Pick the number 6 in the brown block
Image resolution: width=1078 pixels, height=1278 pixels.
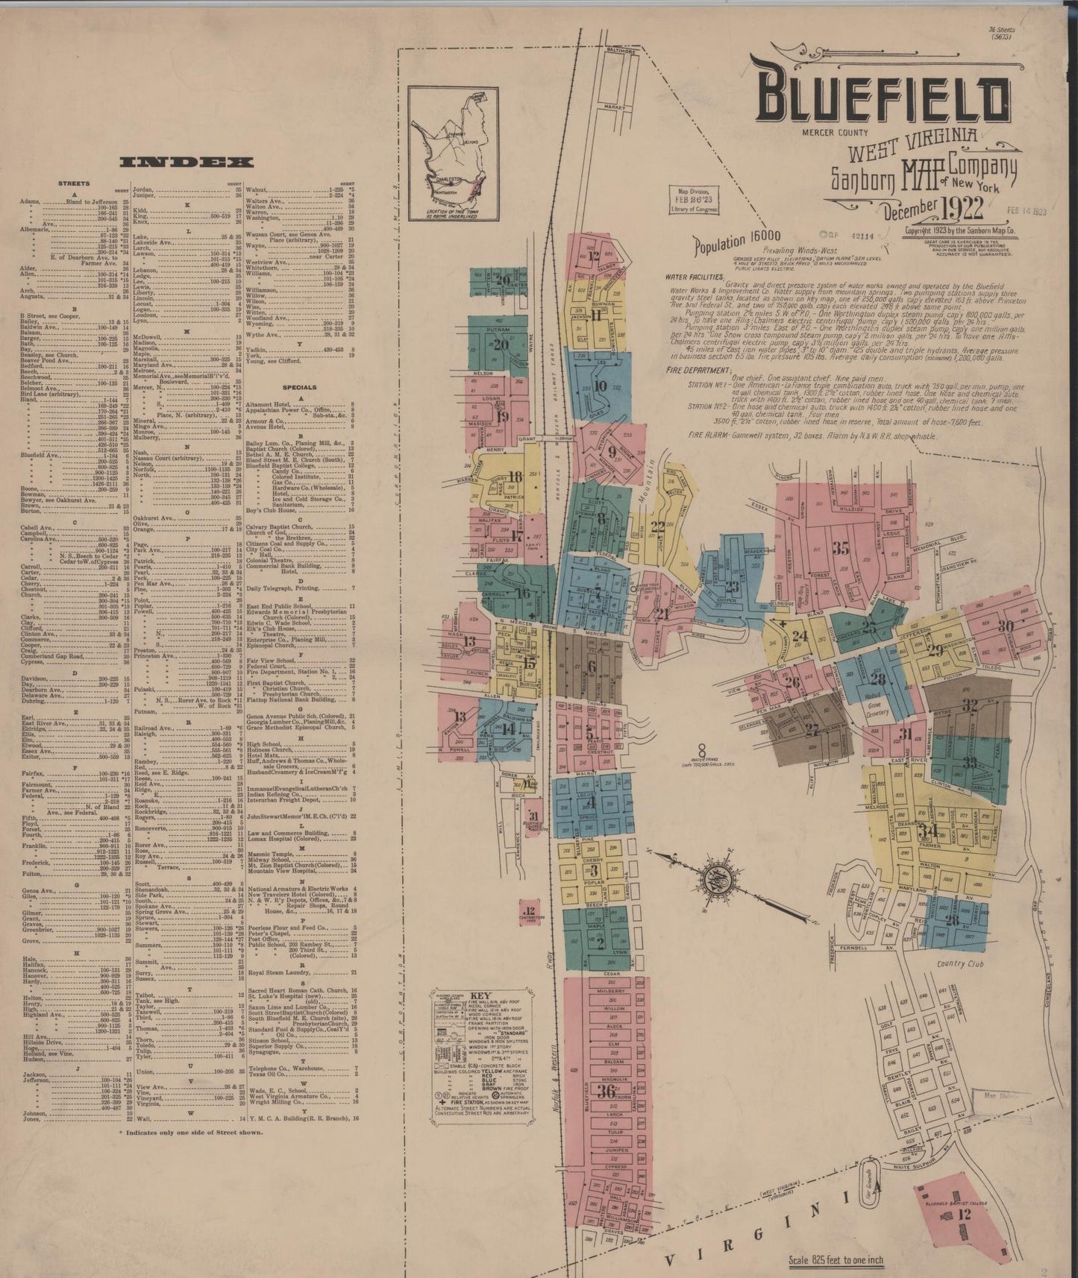tap(592, 666)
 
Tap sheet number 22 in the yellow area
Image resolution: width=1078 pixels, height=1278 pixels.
tap(657, 526)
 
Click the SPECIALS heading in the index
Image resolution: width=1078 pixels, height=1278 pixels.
tap(299, 388)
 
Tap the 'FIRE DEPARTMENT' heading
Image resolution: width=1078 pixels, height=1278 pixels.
tap(698, 370)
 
